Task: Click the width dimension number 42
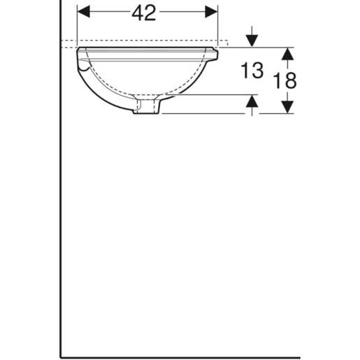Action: pyautogui.click(x=145, y=13)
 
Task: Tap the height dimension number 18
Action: pyautogui.click(x=286, y=80)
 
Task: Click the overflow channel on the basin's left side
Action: pyautogui.click(x=85, y=66)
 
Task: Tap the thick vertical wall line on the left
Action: pyautogui.click(x=62, y=210)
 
